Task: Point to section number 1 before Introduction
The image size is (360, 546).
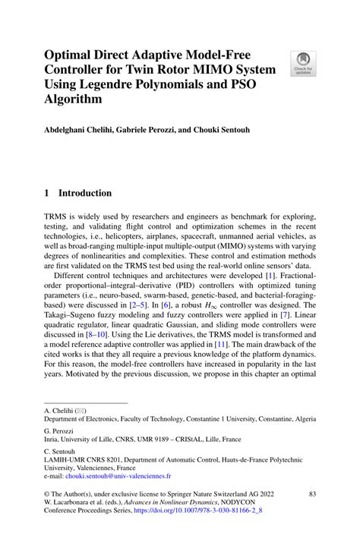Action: [47, 193]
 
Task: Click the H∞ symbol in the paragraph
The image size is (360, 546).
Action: [219, 303]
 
